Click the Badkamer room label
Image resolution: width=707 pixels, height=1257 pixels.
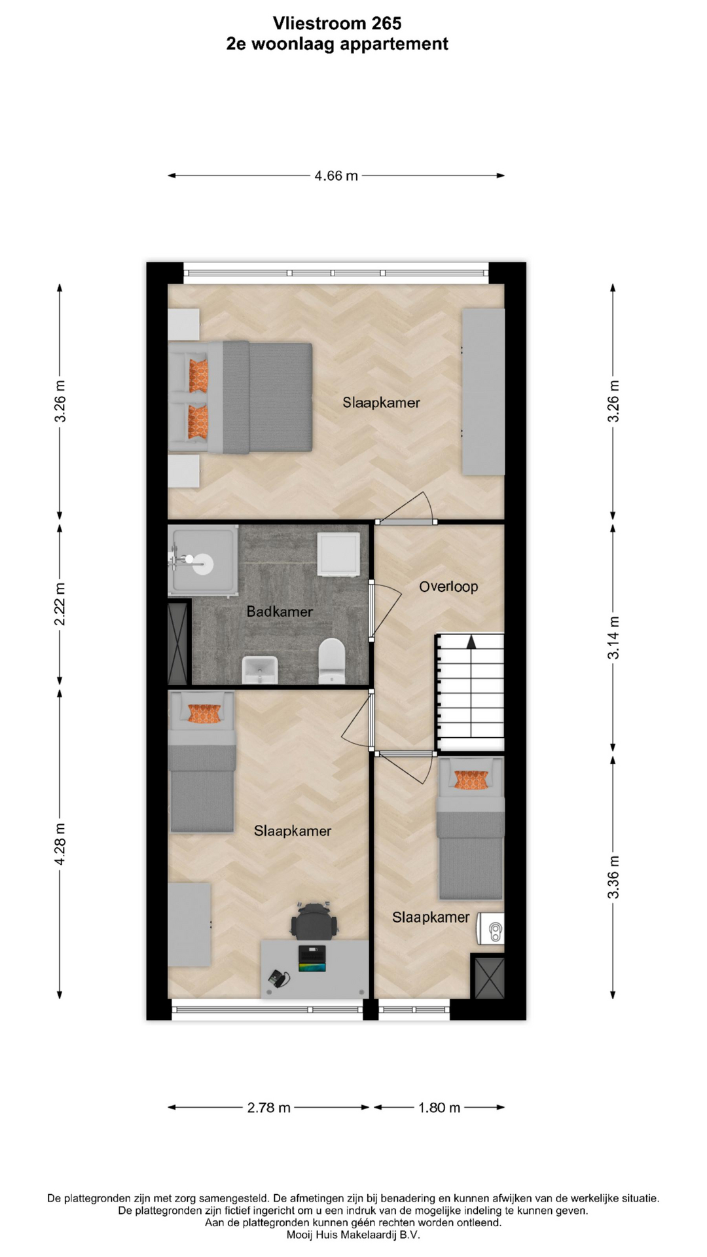point(280,611)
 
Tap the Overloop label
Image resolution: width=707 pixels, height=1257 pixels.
point(448,587)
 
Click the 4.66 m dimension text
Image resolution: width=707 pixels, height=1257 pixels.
point(336,175)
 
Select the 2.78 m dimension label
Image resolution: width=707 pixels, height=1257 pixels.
point(269,1108)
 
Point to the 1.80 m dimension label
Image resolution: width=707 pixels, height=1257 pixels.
point(439,1108)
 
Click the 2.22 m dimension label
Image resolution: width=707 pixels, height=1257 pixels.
point(60,604)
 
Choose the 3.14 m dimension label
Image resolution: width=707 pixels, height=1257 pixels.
point(613,638)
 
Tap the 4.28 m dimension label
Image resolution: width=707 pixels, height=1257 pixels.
point(60,843)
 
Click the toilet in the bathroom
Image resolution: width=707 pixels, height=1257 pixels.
point(332,661)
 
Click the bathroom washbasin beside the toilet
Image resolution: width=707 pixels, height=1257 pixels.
point(260,670)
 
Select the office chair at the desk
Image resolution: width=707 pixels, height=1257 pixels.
point(315,920)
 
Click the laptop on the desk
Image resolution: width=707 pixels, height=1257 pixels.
point(312,958)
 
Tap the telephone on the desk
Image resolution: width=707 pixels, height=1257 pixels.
point(278,979)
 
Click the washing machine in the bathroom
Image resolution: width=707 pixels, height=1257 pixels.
point(338,555)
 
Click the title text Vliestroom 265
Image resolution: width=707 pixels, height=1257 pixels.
point(337,24)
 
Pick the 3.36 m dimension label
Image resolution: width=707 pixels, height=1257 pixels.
point(613,877)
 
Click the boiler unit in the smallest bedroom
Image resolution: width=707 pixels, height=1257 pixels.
point(490,928)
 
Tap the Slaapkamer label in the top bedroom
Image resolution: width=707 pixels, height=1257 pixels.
point(381,403)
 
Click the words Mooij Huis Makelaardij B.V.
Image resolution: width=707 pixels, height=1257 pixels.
point(353,1235)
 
